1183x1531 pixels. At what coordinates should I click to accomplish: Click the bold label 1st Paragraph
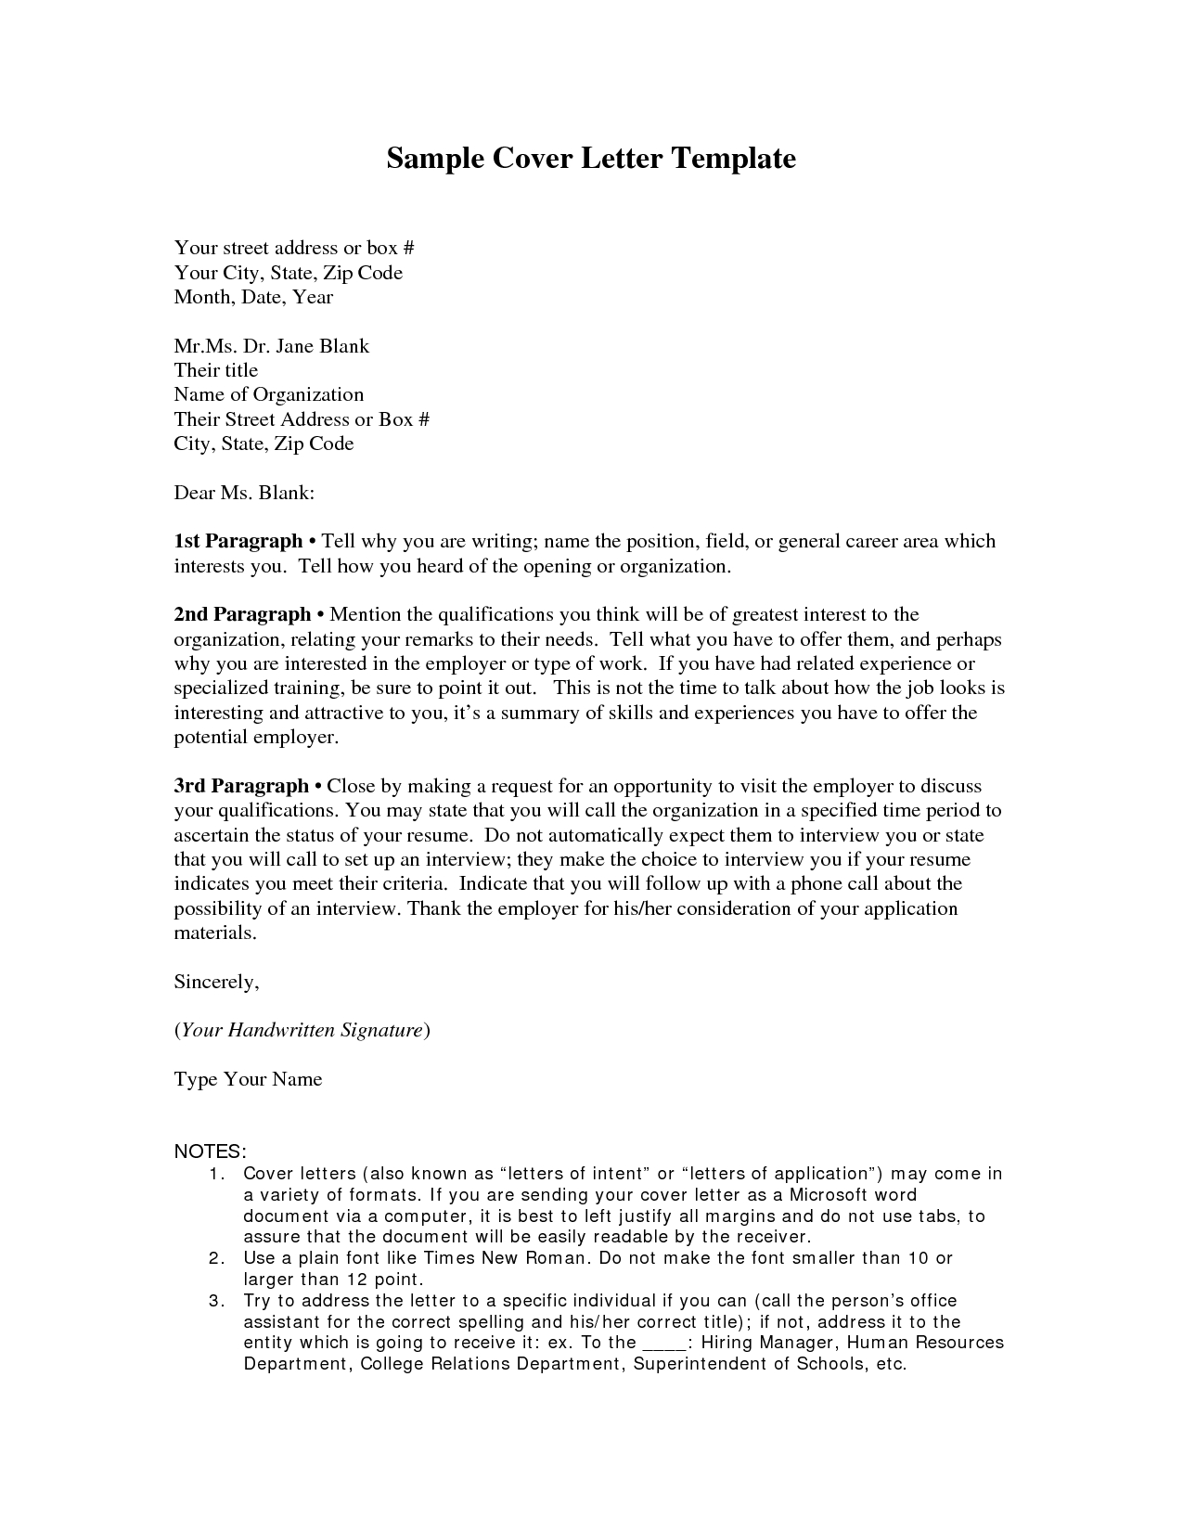238,541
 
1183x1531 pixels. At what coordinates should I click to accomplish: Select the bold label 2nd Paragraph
242,614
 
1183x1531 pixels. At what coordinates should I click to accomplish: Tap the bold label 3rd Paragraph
241,786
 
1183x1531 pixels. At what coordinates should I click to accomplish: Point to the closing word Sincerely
215,982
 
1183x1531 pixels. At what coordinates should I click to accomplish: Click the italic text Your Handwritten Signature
302,1030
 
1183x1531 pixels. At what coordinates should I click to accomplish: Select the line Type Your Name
248,1079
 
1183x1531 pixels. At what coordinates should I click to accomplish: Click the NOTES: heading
210,1151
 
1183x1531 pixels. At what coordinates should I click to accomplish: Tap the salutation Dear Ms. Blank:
244,493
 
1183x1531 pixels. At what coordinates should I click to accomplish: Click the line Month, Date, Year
253,297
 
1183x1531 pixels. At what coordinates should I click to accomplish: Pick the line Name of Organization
268,394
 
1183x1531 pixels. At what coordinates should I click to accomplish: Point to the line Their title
215,370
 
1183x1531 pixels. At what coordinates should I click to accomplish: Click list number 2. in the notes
216,1258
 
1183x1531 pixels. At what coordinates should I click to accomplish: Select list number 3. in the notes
216,1301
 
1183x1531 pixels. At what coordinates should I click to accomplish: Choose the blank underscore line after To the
665,1343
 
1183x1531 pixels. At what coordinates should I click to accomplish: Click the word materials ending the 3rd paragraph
213,933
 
